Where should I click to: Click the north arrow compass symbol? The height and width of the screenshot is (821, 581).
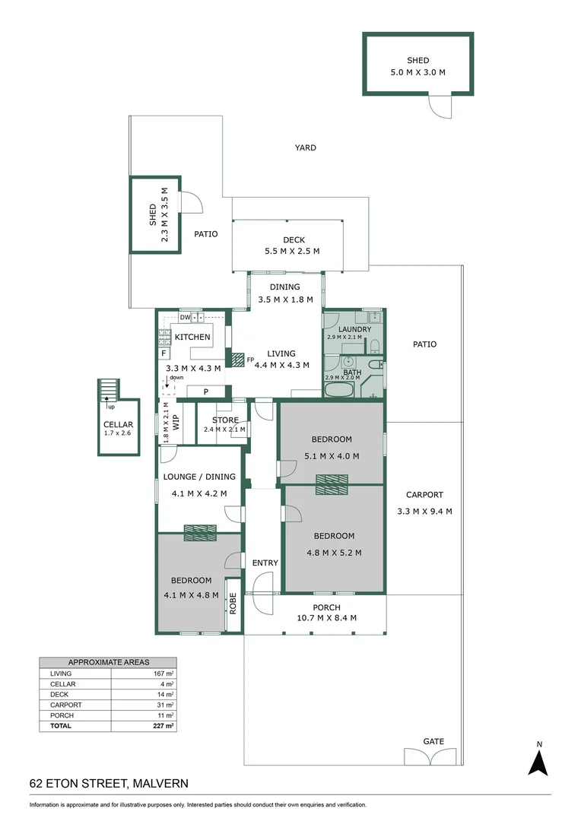point(538,761)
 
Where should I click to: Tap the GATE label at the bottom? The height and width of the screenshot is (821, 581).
point(433,741)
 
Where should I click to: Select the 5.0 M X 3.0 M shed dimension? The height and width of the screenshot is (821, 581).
point(417,72)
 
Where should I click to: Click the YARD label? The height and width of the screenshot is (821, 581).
point(306,147)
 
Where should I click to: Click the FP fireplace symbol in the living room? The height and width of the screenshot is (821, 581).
point(238,359)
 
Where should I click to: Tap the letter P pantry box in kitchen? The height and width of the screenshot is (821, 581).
point(205,391)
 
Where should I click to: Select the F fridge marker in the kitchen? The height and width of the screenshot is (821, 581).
point(164,353)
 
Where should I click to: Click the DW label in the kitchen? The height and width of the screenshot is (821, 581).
point(184,316)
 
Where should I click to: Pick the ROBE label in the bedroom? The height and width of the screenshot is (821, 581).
point(233,604)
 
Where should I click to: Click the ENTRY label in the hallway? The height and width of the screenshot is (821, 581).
point(265,563)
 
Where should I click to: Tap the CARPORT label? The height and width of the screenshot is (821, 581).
point(424,495)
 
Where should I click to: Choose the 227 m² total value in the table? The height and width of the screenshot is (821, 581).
point(163,726)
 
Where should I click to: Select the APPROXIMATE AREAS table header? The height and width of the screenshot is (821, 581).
point(108,662)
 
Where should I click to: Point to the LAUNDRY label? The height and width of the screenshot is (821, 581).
point(354,329)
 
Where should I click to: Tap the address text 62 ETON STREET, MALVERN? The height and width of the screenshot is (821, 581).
point(109,782)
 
